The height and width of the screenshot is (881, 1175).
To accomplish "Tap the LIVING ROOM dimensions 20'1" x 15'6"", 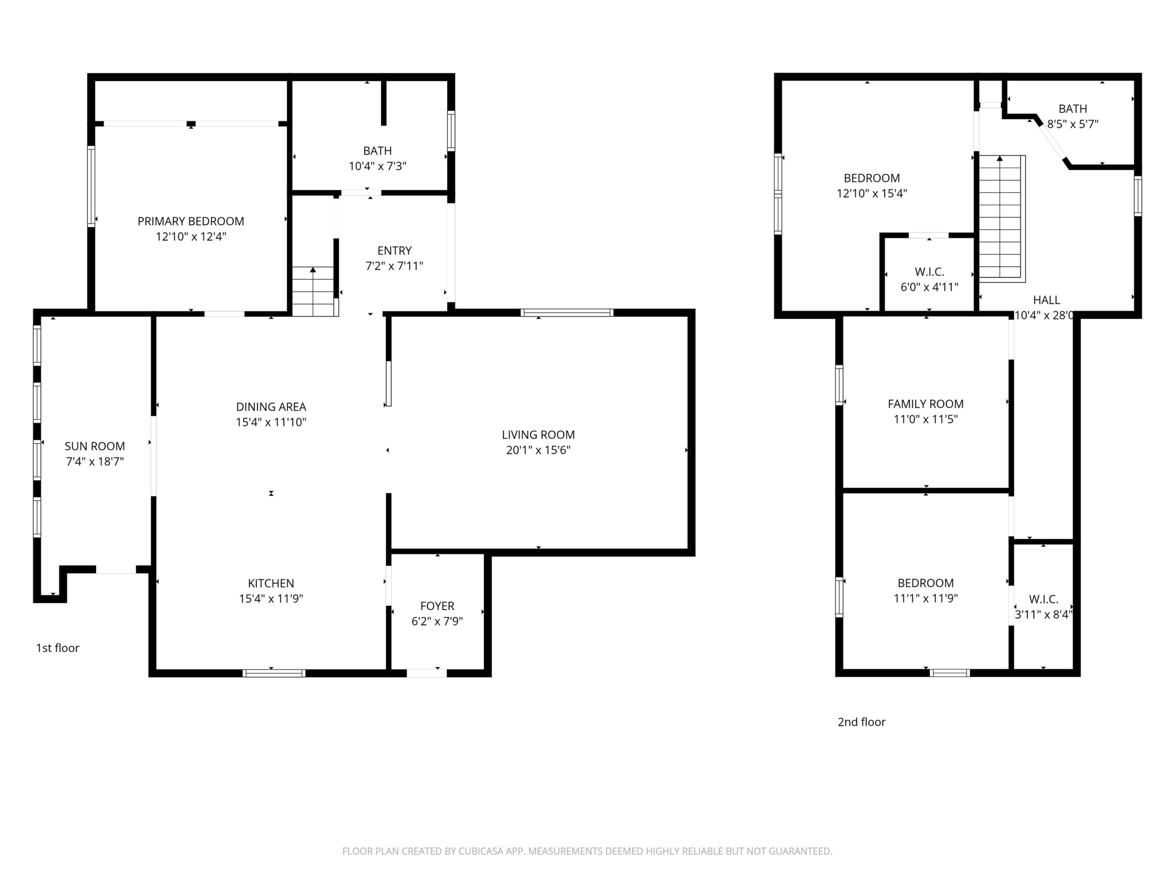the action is tap(538, 450).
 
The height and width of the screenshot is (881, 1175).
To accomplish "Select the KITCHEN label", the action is tap(271, 583).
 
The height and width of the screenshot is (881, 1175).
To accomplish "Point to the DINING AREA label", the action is tap(271, 407).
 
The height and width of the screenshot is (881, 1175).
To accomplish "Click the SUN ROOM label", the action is tap(95, 446).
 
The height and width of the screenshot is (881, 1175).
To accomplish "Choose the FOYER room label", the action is tap(437, 606).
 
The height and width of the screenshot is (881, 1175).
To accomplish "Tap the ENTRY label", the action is tap(394, 251).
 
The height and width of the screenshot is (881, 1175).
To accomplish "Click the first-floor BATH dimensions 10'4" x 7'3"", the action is tap(377, 166).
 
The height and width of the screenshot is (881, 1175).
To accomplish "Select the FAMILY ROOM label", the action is tap(925, 404).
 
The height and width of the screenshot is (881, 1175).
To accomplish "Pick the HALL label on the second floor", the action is tap(1046, 300).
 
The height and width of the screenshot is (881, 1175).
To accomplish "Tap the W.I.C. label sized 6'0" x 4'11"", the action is tap(929, 272).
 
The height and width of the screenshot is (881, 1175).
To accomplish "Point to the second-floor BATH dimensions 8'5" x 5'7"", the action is tap(1073, 124).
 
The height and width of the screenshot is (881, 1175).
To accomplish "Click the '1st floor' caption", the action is tap(57, 648).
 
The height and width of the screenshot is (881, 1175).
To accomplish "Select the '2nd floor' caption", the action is tap(861, 722).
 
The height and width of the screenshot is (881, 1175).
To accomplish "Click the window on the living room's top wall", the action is tap(567, 313).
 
